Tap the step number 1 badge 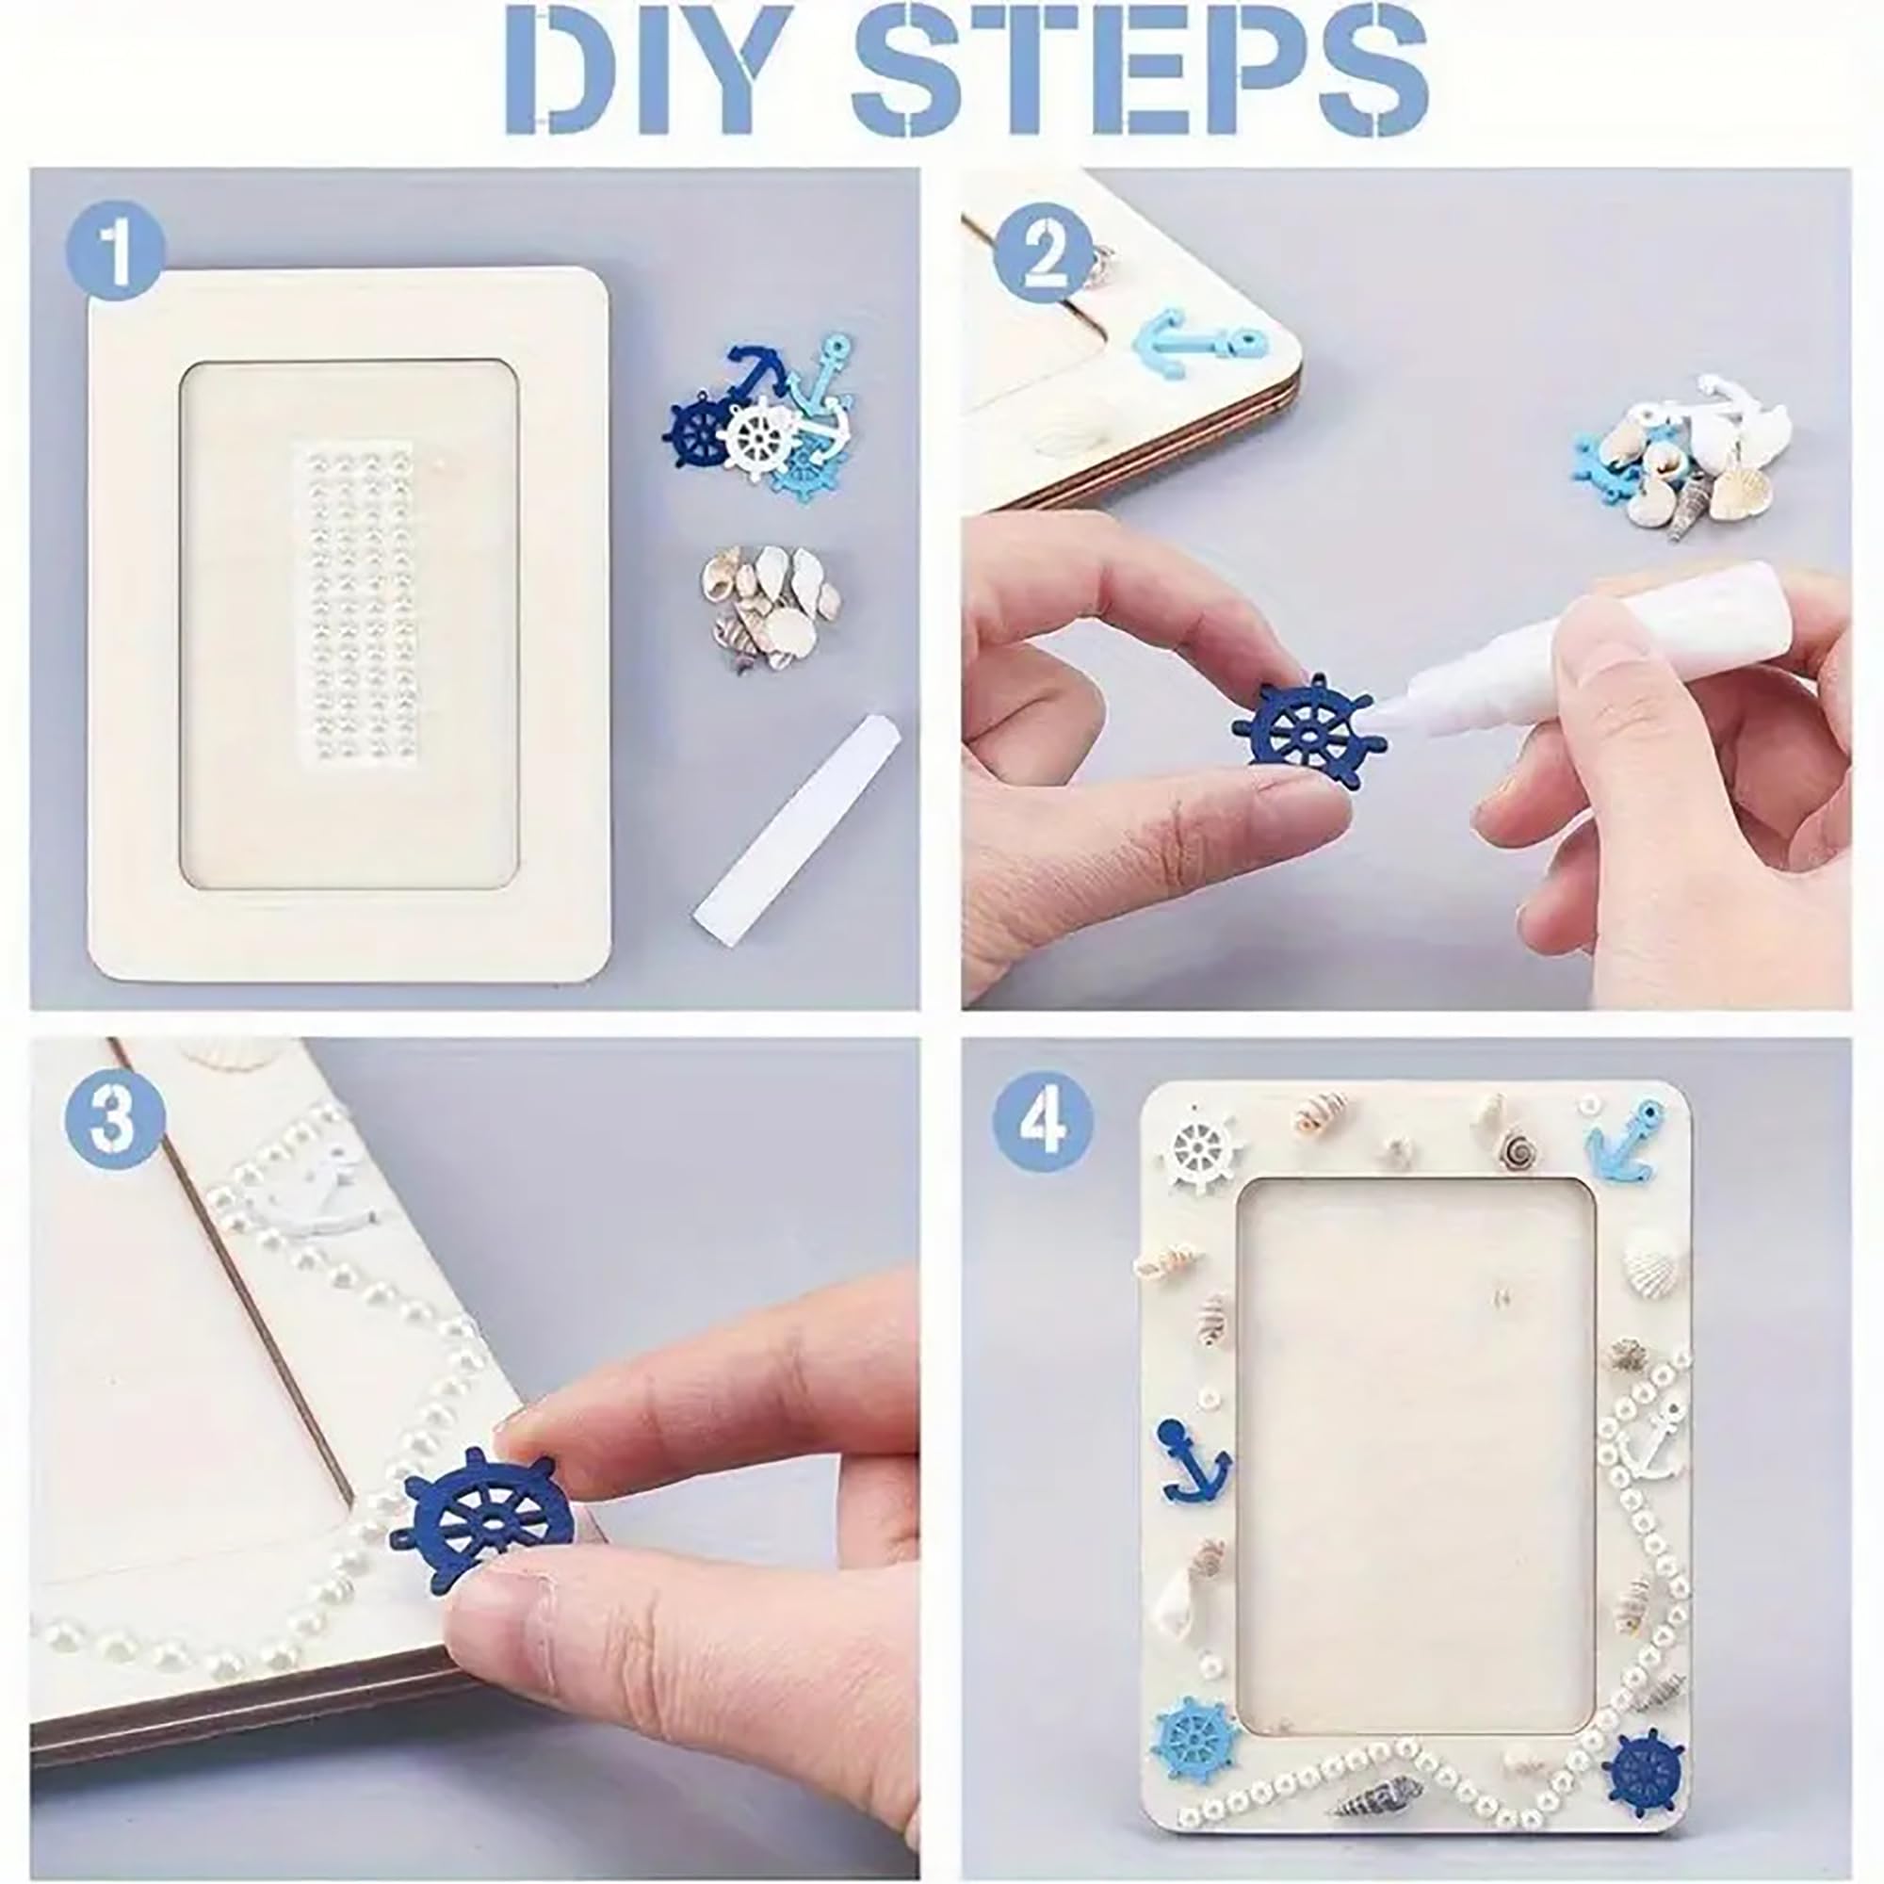(x=115, y=252)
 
